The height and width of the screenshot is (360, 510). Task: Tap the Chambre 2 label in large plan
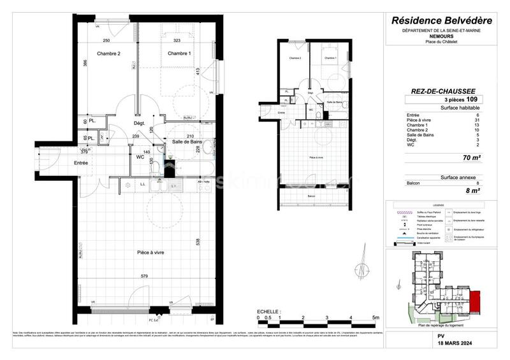click(x=108, y=54)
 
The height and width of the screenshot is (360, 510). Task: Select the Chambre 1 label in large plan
click(x=179, y=54)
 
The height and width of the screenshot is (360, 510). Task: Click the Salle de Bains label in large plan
click(x=187, y=141)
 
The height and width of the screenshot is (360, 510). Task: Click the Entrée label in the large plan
click(x=81, y=163)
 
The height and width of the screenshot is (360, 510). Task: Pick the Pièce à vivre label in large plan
click(x=150, y=253)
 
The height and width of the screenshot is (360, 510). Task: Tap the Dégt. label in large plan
click(x=140, y=123)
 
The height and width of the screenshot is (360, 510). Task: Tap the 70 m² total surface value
click(x=470, y=157)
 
